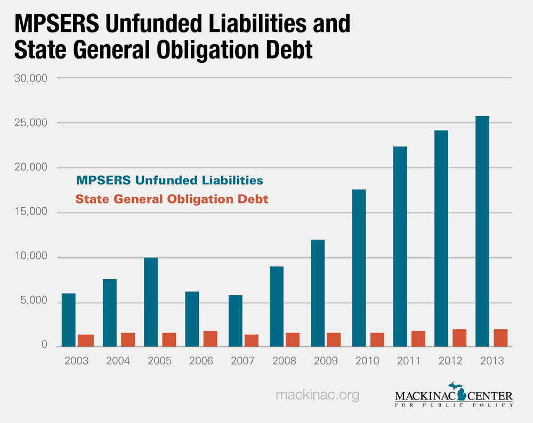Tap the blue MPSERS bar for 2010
(358, 268)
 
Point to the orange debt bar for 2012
(459, 338)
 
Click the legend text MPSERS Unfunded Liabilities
(169, 180)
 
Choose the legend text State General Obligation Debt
(172, 199)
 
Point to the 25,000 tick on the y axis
(34, 123)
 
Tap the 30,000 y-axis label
(34, 78)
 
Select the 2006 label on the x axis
(201, 361)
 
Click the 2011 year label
(408, 361)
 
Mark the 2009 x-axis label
(326, 361)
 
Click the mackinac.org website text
(318, 395)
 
